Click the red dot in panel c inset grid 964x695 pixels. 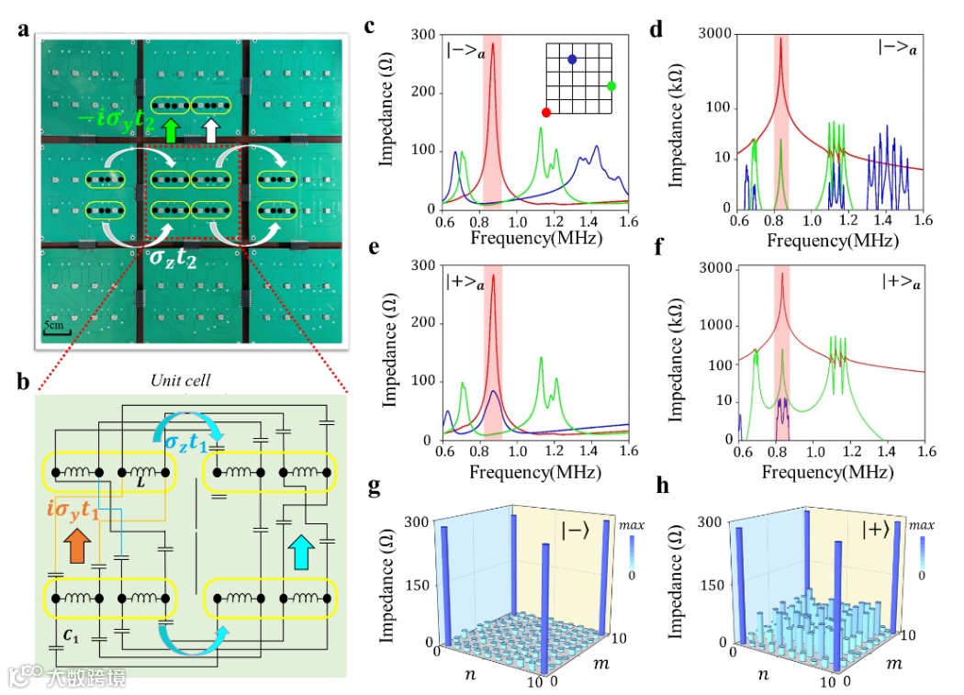pyautogui.click(x=546, y=112)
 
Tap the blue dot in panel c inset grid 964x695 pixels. pyautogui.click(x=572, y=59)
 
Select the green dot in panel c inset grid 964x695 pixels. pyautogui.click(x=611, y=86)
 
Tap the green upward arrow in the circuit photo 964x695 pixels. pyautogui.click(x=171, y=130)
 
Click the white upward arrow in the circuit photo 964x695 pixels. pyautogui.click(x=210, y=130)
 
